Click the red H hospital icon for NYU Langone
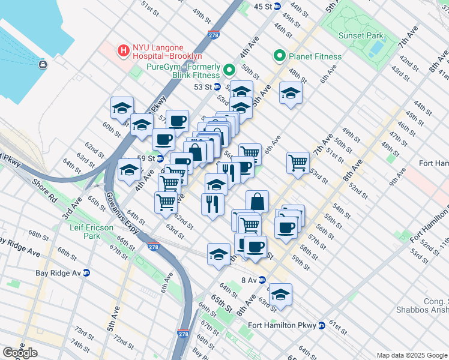[x=124, y=51]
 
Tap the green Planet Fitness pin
[x=279, y=57]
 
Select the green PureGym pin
[x=229, y=71]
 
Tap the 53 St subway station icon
[x=217, y=87]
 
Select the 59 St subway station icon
[x=160, y=158]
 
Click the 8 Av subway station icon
[x=261, y=280]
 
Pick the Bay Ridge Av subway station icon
[x=86, y=272]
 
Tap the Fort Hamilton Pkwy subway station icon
[x=322, y=326]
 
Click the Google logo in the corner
[x=20, y=353]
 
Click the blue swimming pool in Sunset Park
[x=376, y=46]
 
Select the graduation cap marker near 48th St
[x=291, y=93]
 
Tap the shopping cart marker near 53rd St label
[x=298, y=162]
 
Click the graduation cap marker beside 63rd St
[x=280, y=295]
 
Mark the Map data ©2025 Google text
[x=411, y=355]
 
